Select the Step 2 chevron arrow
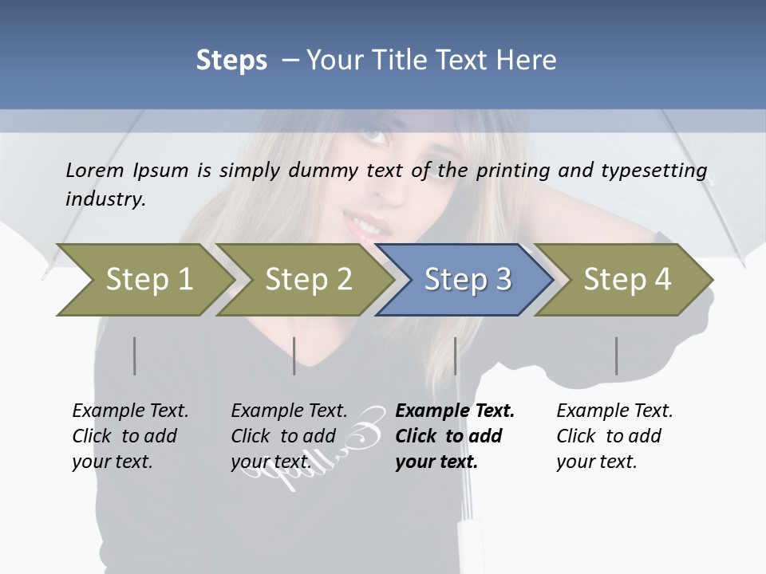coord(308,280)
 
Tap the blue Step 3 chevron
coord(468,280)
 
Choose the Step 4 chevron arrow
coord(627,280)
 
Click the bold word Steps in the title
coord(231,60)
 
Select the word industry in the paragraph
coord(105,199)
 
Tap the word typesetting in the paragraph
coord(659,171)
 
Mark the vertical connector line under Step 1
coord(135,356)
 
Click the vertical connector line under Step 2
coord(294,356)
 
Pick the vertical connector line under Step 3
coord(455,356)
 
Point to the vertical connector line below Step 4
coord(616,356)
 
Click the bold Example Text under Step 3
coord(455,411)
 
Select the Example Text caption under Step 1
coord(130,411)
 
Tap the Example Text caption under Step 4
coord(614,411)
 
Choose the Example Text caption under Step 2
coord(289,411)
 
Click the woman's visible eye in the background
coord(375,135)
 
